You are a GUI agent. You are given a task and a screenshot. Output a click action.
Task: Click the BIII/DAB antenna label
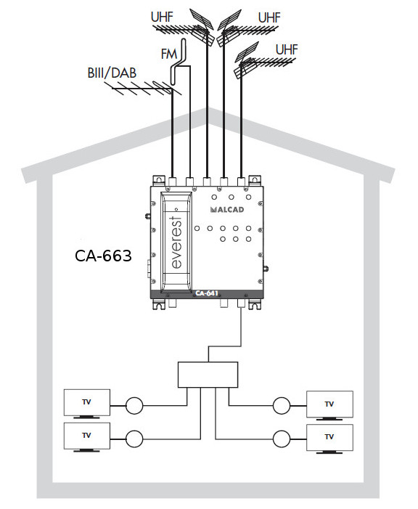point(112,73)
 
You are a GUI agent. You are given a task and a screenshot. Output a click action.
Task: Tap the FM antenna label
point(169,54)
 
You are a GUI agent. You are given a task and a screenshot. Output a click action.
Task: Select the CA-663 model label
point(103,256)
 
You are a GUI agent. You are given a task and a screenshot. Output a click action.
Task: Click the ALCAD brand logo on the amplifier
point(227,210)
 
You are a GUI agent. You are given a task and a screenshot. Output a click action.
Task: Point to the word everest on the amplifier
point(176,243)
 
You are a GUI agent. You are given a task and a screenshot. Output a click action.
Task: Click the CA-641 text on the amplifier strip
point(207,293)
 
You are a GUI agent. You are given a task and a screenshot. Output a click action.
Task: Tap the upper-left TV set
point(87,403)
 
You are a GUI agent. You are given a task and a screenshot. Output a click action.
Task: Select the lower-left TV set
point(87,436)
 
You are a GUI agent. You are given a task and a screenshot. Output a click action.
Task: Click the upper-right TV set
point(329,405)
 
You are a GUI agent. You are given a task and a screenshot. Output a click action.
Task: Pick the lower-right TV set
point(329,438)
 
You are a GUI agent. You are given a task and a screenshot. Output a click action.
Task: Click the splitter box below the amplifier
point(208,375)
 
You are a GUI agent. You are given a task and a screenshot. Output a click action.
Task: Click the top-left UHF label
point(162,17)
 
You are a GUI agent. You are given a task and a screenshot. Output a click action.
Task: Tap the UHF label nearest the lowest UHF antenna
point(287,49)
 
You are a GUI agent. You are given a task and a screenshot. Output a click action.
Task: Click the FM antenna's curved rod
point(178,62)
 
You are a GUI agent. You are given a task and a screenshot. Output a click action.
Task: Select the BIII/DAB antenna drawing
point(143,89)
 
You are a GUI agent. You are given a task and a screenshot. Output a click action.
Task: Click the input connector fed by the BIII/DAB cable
point(172,182)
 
